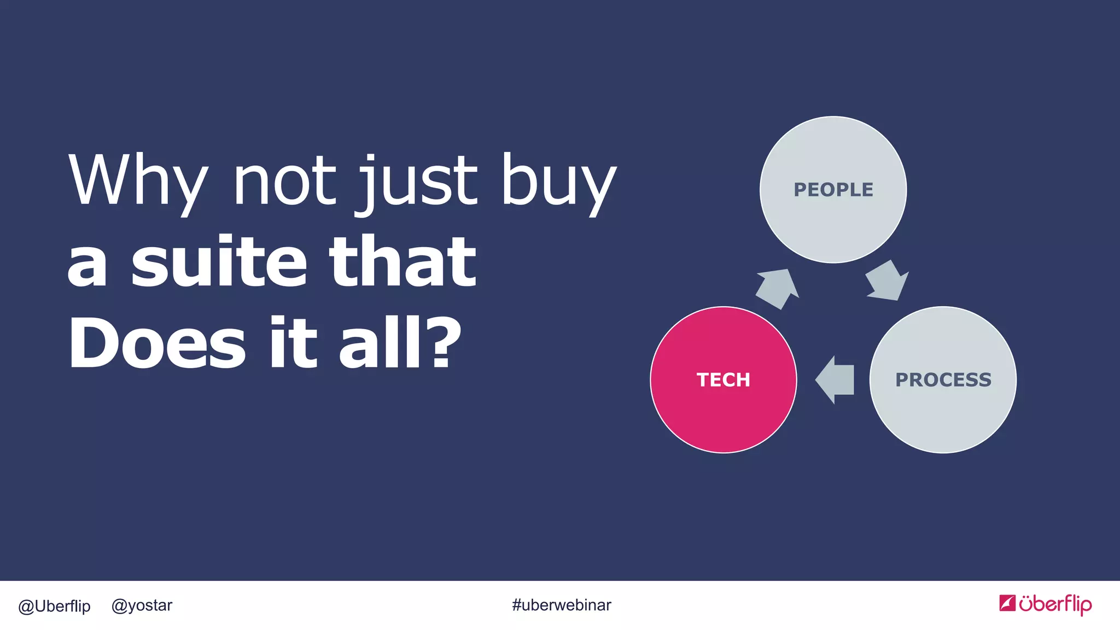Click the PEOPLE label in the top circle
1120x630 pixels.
[x=833, y=190]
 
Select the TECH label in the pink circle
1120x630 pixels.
[x=723, y=380]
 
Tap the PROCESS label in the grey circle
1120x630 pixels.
[x=943, y=380]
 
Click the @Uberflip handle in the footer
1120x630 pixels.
[x=54, y=606]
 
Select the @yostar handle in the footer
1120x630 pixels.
[x=142, y=605]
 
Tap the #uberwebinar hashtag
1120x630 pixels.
[x=561, y=605]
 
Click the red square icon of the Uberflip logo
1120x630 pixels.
[x=1007, y=603]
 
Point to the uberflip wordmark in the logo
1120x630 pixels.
[x=1055, y=604]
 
